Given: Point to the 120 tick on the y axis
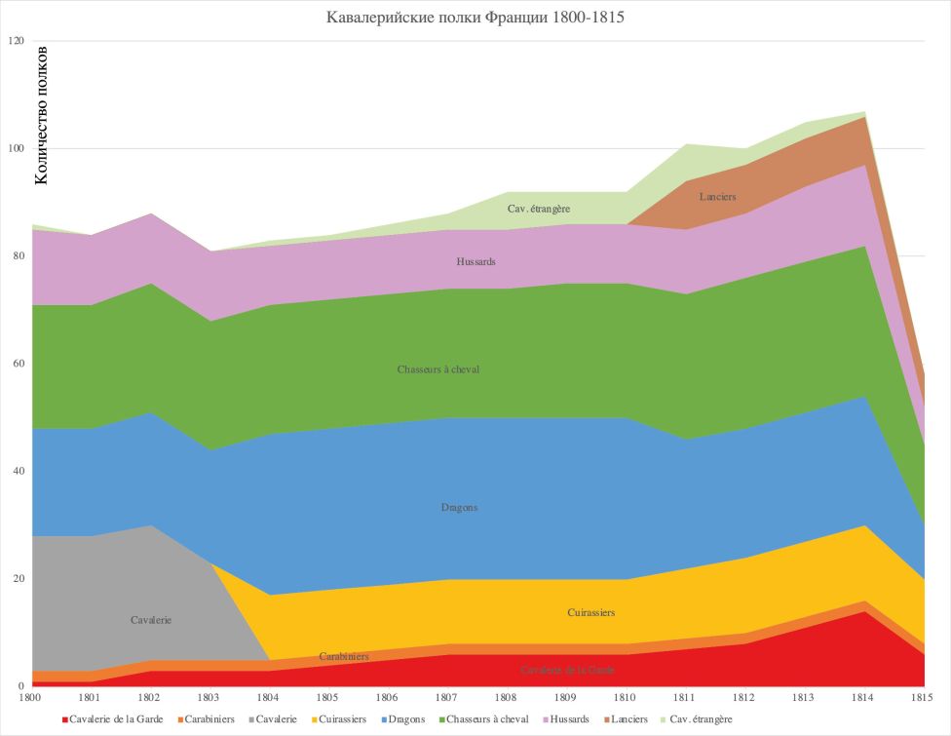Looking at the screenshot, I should [15, 41].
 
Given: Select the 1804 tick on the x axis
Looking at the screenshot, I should [269, 698].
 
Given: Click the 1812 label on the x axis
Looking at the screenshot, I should [743, 698].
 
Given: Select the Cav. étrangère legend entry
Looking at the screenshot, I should [696, 719].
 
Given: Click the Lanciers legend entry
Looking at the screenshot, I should [624, 719].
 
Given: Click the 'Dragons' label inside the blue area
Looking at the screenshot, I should [459, 508].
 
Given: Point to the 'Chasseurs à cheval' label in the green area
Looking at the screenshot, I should [438, 369].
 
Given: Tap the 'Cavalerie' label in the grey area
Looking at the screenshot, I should [151, 620].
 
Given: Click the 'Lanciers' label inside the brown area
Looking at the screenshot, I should [717, 197].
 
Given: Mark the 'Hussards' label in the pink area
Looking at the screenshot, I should [476, 262].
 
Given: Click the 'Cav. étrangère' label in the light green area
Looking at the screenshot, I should [539, 209].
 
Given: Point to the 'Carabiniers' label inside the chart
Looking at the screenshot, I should [344, 656].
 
